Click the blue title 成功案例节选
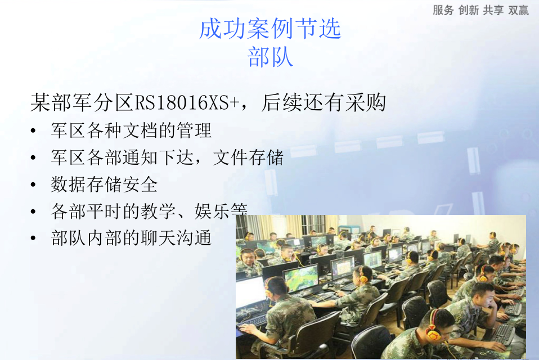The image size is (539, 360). point(270,29)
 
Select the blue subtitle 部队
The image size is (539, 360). point(270,57)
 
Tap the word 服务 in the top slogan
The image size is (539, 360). point(443,10)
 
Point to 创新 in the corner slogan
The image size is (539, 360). point(468,10)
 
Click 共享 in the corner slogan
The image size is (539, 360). point(493,10)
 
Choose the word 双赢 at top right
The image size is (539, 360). point(518,10)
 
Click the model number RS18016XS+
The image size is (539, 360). point(187,102)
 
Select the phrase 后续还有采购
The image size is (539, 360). point(324,102)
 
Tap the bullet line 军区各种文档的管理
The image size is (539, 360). point(131,130)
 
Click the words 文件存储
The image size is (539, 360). point(248,157)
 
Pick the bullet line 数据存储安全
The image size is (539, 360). point(104,184)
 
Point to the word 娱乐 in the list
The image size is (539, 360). point(212,211)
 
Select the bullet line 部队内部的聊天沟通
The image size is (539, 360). point(131,238)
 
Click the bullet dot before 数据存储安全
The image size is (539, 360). point(33,185)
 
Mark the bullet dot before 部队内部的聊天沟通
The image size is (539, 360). point(33,238)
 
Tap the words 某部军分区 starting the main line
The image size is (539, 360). point(82,102)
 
